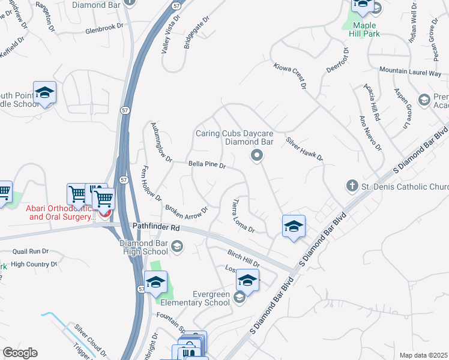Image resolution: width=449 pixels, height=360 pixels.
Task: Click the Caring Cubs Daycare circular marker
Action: pyautogui.click(x=257, y=156)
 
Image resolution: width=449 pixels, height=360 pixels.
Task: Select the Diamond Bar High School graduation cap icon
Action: pyautogui.click(x=176, y=245)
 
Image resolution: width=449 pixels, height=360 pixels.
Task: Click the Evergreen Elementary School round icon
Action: pyautogui.click(x=239, y=297)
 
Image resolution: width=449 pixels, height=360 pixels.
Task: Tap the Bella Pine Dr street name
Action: pyautogui.click(x=206, y=164)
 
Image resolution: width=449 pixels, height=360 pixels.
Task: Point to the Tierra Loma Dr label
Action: pyautogui.click(x=244, y=216)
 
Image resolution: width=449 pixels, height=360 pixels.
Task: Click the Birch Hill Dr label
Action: pyautogui.click(x=243, y=259)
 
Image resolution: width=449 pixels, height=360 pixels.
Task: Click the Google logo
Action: pyautogui.click(x=20, y=353)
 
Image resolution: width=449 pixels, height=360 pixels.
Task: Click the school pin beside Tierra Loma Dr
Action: pyautogui.click(x=293, y=226)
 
